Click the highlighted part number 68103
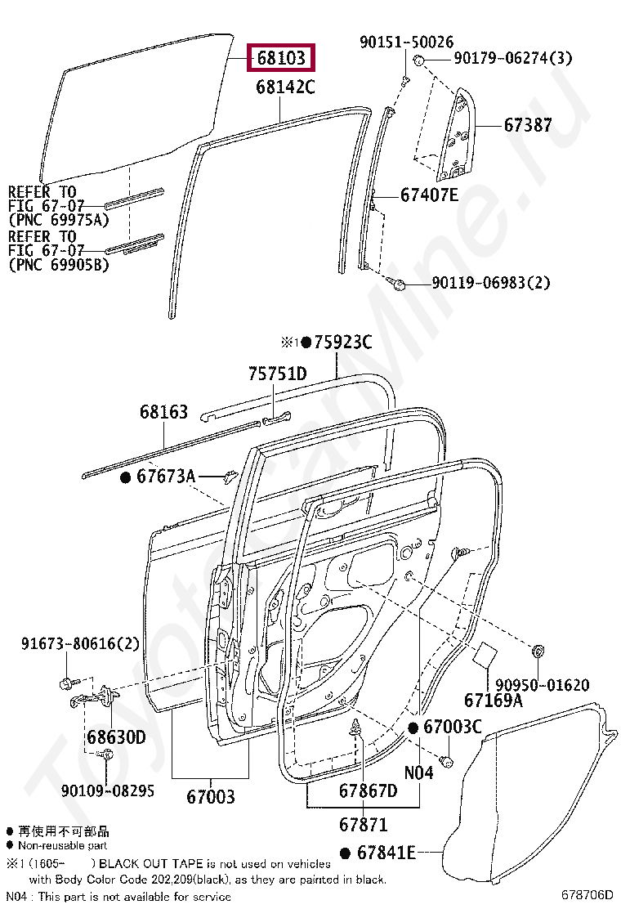pyautogui.click(x=281, y=58)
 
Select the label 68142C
pyautogui.click(x=286, y=87)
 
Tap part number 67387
pyautogui.click(x=528, y=125)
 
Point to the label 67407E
pyautogui.click(x=429, y=195)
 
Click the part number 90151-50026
pyautogui.click(x=407, y=42)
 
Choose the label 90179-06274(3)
pyautogui.click(x=512, y=58)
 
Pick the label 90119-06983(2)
pyautogui.click(x=490, y=283)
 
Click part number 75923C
pyautogui.click(x=343, y=342)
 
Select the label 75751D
pyautogui.click(x=278, y=374)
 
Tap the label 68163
pyautogui.click(x=164, y=412)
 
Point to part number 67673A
pyautogui.click(x=166, y=477)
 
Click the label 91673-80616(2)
pyautogui.click(x=81, y=643)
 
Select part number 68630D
pyautogui.click(x=116, y=737)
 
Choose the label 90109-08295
pyautogui.click(x=108, y=790)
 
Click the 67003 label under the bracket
pyautogui.click(x=211, y=796)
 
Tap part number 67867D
pyautogui.click(x=369, y=790)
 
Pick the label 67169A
pyautogui.click(x=494, y=701)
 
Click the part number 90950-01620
pyautogui.click(x=543, y=685)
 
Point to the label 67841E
pyautogui.click(x=386, y=853)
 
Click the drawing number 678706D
pyautogui.click(x=587, y=895)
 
